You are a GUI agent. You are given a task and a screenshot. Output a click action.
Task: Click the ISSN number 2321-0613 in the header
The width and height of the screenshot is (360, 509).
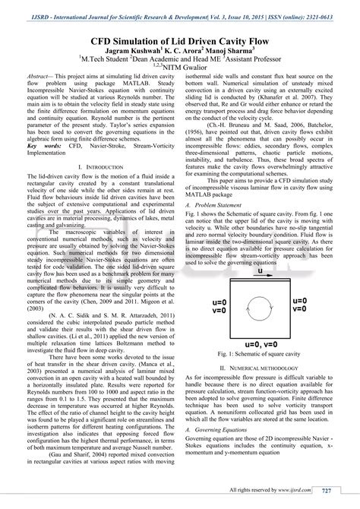point(324,6)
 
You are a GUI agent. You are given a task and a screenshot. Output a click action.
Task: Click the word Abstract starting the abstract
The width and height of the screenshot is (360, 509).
point(37,77)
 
